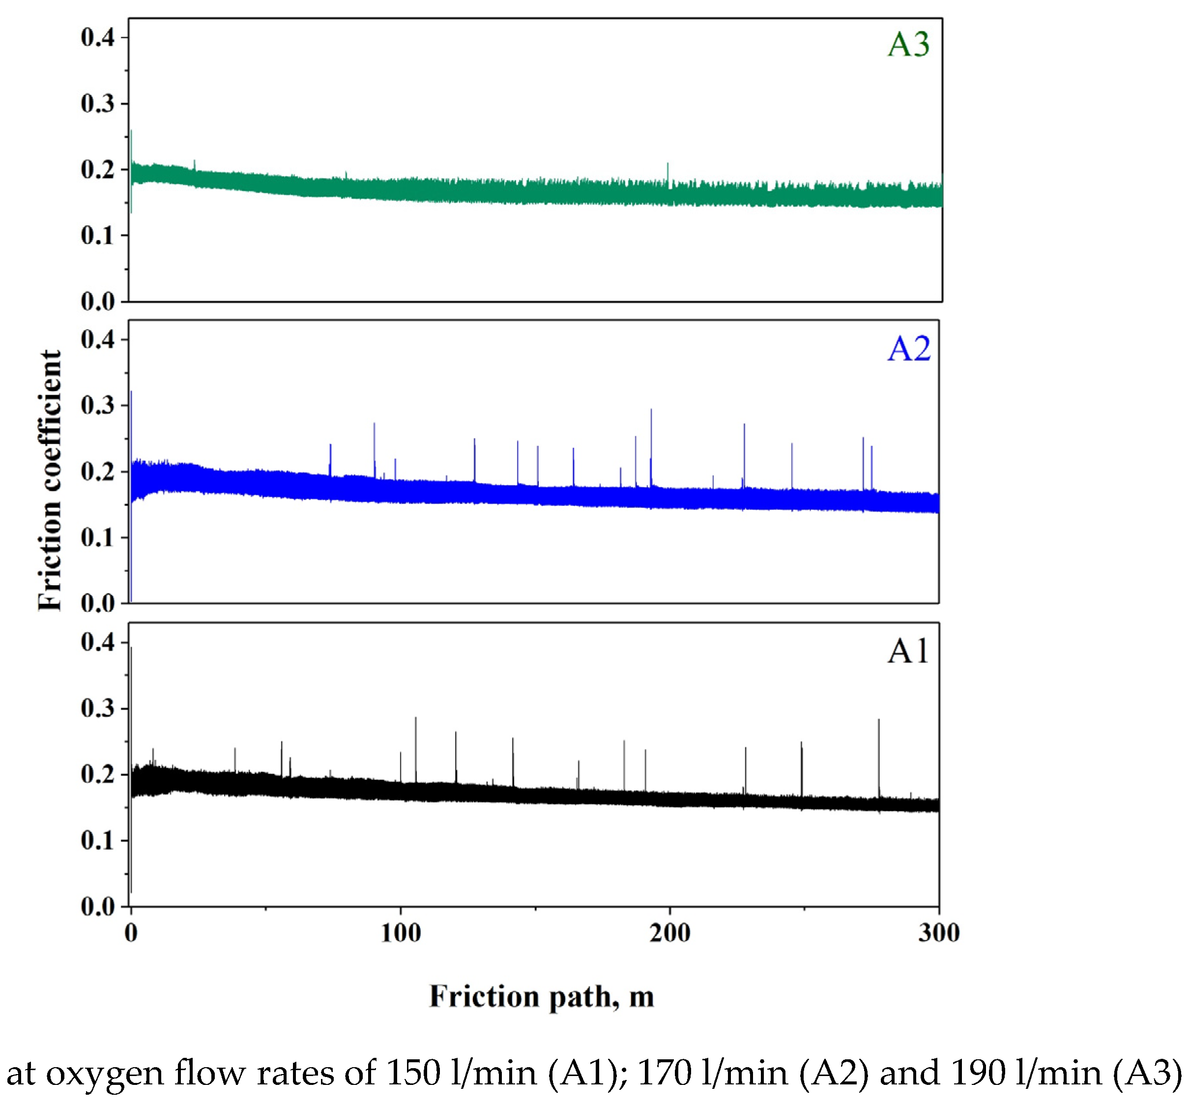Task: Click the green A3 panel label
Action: (908, 44)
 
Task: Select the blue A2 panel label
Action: (908, 349)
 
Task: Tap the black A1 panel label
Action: (908, 651)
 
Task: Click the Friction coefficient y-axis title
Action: (50, 480)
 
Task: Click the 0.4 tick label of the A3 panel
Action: (97, 38)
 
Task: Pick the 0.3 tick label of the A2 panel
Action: (97, 406)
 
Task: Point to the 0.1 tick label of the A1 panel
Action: (97, 840)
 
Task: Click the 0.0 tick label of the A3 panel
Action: (97, 301)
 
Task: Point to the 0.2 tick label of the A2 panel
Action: (97, 472)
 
